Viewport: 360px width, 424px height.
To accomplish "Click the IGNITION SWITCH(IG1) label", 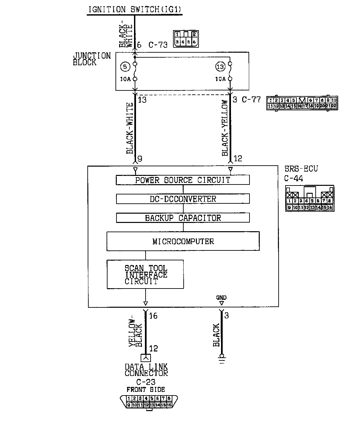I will [135, 9].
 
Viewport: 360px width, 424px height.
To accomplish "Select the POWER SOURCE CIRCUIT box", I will [183, 180].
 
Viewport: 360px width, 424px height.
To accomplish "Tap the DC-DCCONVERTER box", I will [183, 199].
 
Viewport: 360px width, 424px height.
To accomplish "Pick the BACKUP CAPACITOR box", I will [183, 218].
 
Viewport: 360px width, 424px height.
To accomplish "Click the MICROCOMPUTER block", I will [183, 241].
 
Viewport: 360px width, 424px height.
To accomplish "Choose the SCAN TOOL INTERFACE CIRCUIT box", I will [145, 274].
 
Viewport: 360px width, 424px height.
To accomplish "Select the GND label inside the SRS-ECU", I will [221, 297].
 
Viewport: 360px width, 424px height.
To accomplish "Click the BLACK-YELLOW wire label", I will [225, 128].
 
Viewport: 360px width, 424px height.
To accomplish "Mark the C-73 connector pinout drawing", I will [185, 38].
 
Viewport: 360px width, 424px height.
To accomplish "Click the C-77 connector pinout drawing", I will [302, 103].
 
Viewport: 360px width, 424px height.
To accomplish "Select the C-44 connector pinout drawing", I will [310, 198].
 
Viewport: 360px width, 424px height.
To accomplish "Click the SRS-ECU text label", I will [301, 169].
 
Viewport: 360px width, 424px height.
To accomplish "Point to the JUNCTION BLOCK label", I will [92, 59].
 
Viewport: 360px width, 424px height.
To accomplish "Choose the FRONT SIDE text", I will [146, 390].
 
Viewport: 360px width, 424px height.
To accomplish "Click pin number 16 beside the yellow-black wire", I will [153, 316].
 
